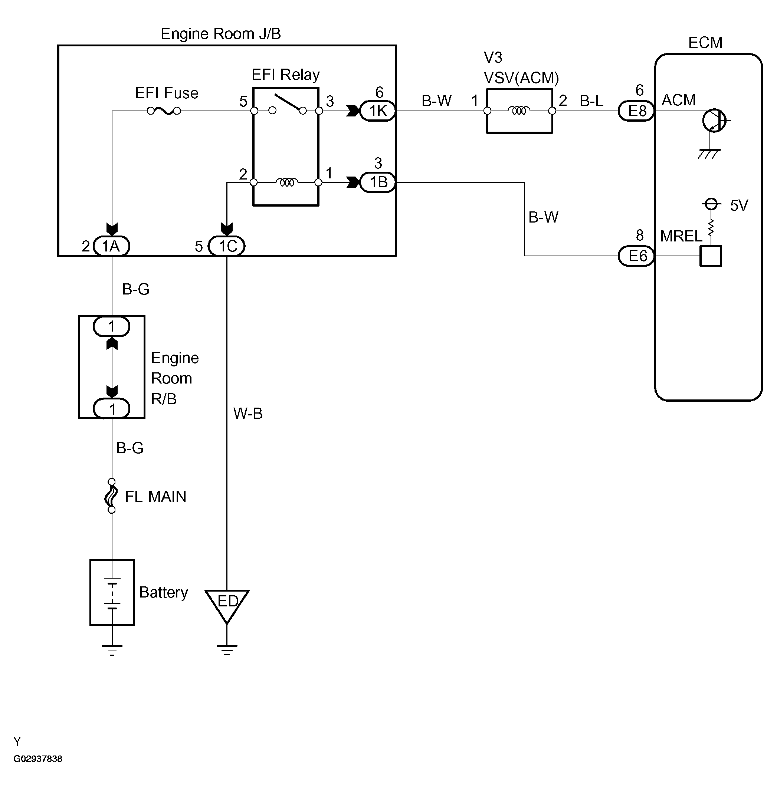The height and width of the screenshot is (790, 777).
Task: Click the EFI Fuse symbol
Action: click(x=164, y=111)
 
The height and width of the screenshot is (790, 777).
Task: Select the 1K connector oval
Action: click(x=377, y=111)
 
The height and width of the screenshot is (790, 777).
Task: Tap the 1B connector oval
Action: click(x=377, y=182)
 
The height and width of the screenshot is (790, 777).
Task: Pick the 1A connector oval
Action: click(x=111, y=246)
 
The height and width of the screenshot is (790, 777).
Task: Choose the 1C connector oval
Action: click(x=226, y=246)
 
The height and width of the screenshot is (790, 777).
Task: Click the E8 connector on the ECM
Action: click(x=637, y=111)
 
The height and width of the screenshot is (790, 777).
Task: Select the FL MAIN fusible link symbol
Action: click(x=111, y=496)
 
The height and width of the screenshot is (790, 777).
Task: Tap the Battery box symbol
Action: click(x=112, y=592)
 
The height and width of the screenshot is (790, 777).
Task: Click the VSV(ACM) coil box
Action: click(x=519, y=111)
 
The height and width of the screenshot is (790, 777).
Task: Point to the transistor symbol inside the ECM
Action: click(x=714, y=121)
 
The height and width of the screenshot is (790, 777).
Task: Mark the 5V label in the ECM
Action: click(x=739, y=205)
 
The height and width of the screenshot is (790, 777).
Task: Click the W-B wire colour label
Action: click(x=248, y=414)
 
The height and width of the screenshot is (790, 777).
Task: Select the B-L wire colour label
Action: click(x=591, y=101)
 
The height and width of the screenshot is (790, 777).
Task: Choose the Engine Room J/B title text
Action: click(x=221, y=34)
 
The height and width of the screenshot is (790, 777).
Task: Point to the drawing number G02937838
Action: click(x=38, y=758)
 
